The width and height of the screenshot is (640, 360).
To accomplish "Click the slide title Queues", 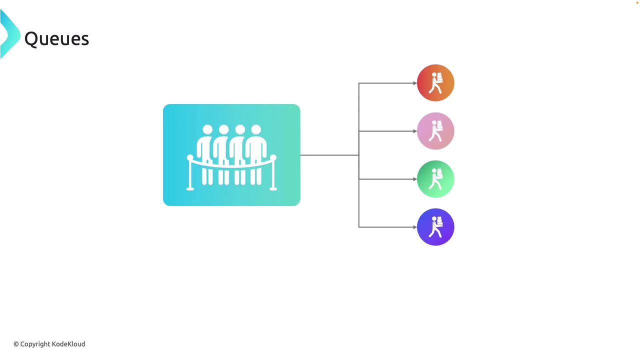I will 56,39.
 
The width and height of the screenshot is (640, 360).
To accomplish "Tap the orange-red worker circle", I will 435,83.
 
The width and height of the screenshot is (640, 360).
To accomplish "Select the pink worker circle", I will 435,131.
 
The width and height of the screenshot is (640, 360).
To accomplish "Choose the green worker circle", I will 435,179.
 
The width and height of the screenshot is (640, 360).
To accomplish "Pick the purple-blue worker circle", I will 435,227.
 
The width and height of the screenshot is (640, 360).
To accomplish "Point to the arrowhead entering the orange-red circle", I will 414,83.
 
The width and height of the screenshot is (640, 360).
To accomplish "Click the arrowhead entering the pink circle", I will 414,131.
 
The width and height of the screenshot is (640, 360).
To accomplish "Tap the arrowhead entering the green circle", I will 414,179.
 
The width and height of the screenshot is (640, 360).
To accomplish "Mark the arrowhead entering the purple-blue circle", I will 414,227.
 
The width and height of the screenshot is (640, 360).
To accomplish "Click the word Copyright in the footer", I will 35,344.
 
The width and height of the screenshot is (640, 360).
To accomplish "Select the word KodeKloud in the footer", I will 68,344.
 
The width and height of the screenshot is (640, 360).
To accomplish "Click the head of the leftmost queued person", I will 207,130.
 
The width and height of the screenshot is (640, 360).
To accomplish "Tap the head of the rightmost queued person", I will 256,130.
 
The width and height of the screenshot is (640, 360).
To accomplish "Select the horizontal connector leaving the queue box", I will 329,155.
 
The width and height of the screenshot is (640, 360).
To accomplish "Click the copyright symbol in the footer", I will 16,344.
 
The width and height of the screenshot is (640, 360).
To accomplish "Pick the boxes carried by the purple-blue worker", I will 439,220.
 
